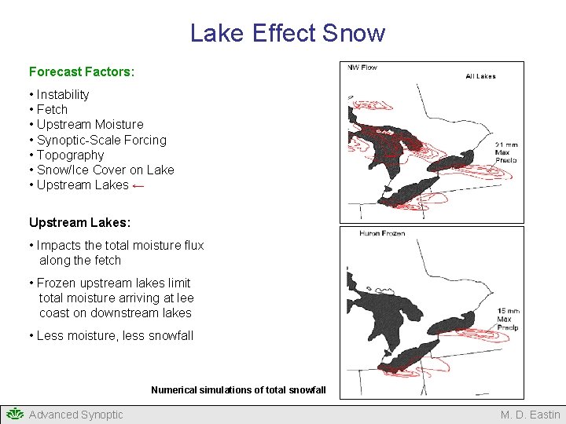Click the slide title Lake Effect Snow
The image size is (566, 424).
click(288, 33)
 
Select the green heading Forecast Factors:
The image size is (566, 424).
click(82, 71)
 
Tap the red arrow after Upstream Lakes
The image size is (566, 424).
click(138, 185)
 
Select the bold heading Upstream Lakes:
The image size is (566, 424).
click(79, 222)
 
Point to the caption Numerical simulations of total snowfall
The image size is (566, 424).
click(238, 389)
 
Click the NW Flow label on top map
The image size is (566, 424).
click(362, 68)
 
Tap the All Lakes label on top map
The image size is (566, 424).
click(480, 76)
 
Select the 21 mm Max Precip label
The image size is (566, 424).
click(506, 152)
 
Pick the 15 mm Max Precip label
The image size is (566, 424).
click(507, 319)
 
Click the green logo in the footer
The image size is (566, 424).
click(14, 415)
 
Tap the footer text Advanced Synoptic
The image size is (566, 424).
click(76, 415)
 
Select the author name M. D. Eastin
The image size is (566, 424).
click(531, 415)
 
